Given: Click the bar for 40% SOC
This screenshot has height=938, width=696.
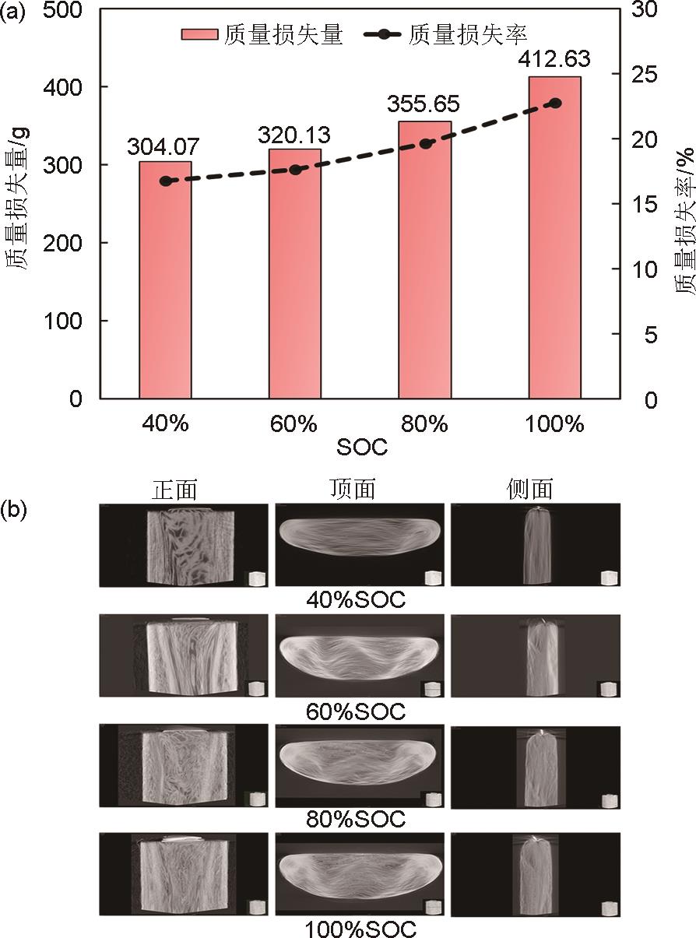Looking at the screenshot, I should (165, 280).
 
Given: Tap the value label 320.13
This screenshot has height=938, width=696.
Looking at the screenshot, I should (295, 135).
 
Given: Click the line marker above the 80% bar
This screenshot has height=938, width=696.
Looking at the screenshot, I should (425, 144).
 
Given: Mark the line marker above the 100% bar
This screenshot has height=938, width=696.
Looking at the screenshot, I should (555, 103).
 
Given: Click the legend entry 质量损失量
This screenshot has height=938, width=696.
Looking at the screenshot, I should (262, 35).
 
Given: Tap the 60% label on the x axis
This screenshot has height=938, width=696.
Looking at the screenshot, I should (295, 424).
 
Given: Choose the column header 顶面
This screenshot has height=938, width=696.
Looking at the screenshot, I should (353, 489).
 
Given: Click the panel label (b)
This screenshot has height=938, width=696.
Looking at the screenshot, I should (16, 510).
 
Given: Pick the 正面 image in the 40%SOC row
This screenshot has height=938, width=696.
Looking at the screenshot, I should (184, 545).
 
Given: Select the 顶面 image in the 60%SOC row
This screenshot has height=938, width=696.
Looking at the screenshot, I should (360, 655).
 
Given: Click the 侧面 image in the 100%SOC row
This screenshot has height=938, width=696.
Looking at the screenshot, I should (536, 875).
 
